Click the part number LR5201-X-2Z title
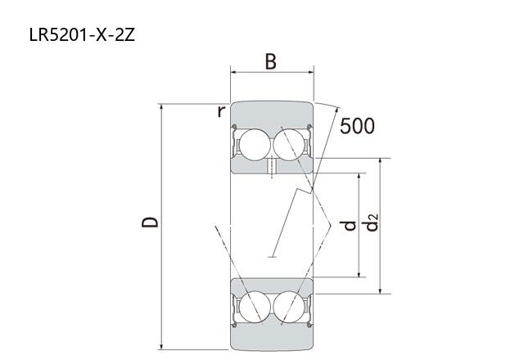(82, 34)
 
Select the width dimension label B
(271, 62)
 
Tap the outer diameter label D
(150, 222)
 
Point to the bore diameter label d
(350, 226)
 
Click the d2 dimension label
(372, 223)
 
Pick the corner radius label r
(221, 111)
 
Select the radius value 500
(357, 126)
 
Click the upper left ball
(255, 145)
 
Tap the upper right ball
(289, 145)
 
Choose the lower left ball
(255, 307)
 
